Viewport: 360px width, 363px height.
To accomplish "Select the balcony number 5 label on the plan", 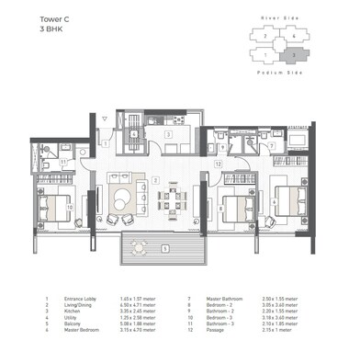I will pos(164,248).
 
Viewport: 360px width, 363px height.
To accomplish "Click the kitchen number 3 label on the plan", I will pos(168,134).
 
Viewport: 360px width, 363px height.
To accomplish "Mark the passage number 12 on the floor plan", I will pos(218,163).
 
